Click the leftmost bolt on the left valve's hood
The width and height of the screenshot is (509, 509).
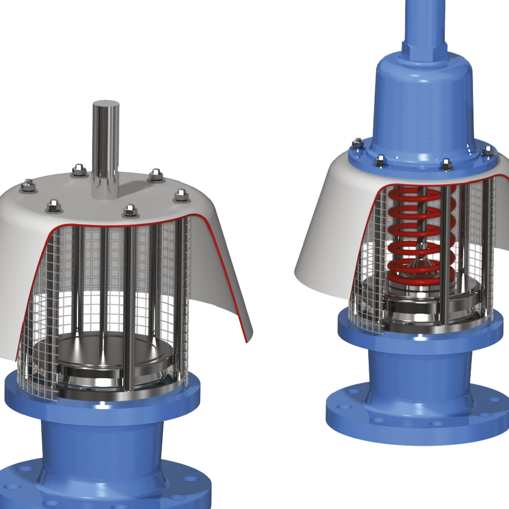point(28,186)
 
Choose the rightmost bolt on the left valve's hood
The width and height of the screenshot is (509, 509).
point(181,195)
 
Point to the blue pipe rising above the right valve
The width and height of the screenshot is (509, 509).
point(422,20)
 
